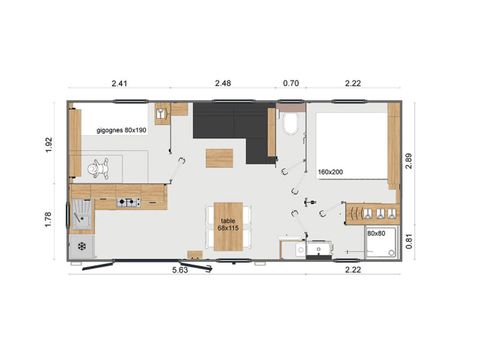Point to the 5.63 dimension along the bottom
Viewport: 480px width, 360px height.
[181, 269]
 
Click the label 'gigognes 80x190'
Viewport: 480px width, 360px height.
[120, 130]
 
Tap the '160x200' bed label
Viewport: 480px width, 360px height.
[331, 172]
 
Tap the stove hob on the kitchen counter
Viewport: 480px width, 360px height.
[128, 203]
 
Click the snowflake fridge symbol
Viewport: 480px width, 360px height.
[80, 245]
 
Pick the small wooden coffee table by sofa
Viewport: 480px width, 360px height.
[219, 158]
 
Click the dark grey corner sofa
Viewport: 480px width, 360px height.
[230, 122]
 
